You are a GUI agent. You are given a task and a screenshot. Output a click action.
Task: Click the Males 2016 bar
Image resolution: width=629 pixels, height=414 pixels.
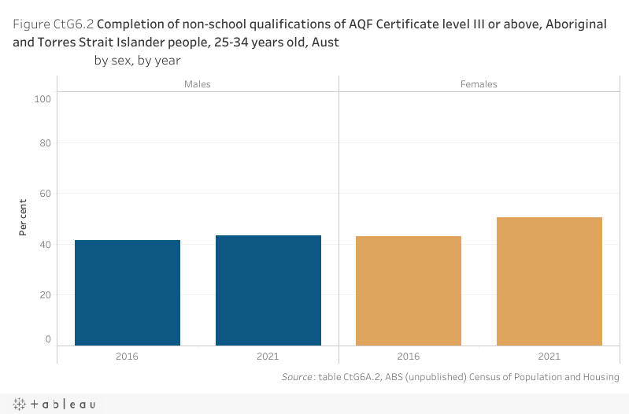click(x=128, y=292)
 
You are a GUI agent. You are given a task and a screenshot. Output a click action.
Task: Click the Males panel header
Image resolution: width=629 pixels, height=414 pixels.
click(x=198, y=83)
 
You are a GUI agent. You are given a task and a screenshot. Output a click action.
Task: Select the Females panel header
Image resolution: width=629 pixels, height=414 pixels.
click(x=479, y=83)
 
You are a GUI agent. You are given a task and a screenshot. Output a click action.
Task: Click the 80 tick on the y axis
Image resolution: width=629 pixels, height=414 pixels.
click(x=45, y=143)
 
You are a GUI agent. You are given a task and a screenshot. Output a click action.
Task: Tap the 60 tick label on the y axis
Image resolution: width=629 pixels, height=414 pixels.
click(x=45, y=194)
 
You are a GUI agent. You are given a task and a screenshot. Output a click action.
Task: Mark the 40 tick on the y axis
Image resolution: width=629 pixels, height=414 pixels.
click(x=45, y=244)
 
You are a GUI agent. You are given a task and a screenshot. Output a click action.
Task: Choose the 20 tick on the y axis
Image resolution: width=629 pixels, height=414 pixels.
click(x=45, y=294)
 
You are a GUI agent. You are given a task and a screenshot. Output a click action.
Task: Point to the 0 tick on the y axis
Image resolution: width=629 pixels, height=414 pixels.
click(x=47, y=339)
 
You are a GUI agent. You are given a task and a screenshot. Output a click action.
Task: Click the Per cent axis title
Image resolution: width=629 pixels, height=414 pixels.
click(x=24, y=217)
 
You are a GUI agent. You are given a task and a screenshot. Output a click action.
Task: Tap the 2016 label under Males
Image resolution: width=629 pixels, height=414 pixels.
click(x=128, y=357)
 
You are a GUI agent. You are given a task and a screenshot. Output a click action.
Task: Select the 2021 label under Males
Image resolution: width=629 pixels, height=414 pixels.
click(x=268, y=357)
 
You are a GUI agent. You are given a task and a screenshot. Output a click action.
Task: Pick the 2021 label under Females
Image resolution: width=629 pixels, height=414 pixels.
click(x=549, y=357)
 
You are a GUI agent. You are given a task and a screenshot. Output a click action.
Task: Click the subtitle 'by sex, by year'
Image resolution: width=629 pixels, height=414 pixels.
click(x=138, y=61)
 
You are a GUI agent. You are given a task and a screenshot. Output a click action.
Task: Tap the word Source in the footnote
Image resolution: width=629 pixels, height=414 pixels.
click(x=298, y=378)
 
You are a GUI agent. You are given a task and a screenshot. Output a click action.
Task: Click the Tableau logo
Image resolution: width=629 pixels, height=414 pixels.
click(x=54, y=404)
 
